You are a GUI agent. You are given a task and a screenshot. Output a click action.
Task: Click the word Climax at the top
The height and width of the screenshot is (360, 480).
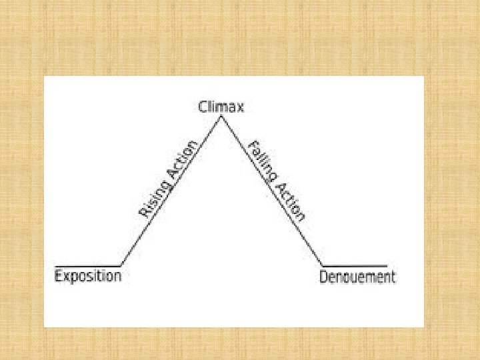[221, 107]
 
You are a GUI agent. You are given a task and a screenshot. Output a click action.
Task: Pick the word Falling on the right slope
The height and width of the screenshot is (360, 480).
[261, 161]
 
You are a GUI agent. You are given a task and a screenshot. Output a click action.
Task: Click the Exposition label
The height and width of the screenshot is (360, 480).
[87, 275]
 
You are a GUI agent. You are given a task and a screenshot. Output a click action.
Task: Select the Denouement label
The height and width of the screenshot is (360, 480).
[357, 277]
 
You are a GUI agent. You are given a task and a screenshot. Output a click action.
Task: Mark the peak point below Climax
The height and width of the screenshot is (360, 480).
[221, 117]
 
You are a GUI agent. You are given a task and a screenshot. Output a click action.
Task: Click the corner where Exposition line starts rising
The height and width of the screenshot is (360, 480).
[121, 265]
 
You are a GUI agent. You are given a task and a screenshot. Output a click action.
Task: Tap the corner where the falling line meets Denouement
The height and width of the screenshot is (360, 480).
[323, 265]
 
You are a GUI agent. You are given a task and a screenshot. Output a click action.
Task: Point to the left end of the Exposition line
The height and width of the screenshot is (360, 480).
[55, 265]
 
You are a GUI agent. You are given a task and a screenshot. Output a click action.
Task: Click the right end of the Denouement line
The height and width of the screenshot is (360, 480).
[387, 265]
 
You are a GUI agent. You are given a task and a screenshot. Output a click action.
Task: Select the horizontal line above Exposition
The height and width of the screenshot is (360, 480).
[87, 265]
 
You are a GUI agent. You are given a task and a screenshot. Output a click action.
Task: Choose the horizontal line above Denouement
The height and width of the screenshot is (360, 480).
[355, 265]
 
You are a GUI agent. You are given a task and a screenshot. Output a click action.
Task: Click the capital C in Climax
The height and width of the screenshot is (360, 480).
[203, 107]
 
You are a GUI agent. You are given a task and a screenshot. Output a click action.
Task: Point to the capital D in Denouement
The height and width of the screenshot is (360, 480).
[324, 276]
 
